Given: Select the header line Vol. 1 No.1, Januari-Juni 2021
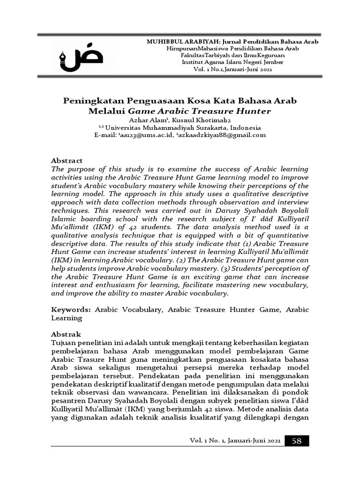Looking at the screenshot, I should [232, 69].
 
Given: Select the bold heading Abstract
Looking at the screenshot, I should [66, 160].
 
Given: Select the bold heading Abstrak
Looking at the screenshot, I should [66, 335].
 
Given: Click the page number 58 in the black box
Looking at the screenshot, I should [297, 441].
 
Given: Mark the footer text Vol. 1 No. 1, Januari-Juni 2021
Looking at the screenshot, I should [235, 442].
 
